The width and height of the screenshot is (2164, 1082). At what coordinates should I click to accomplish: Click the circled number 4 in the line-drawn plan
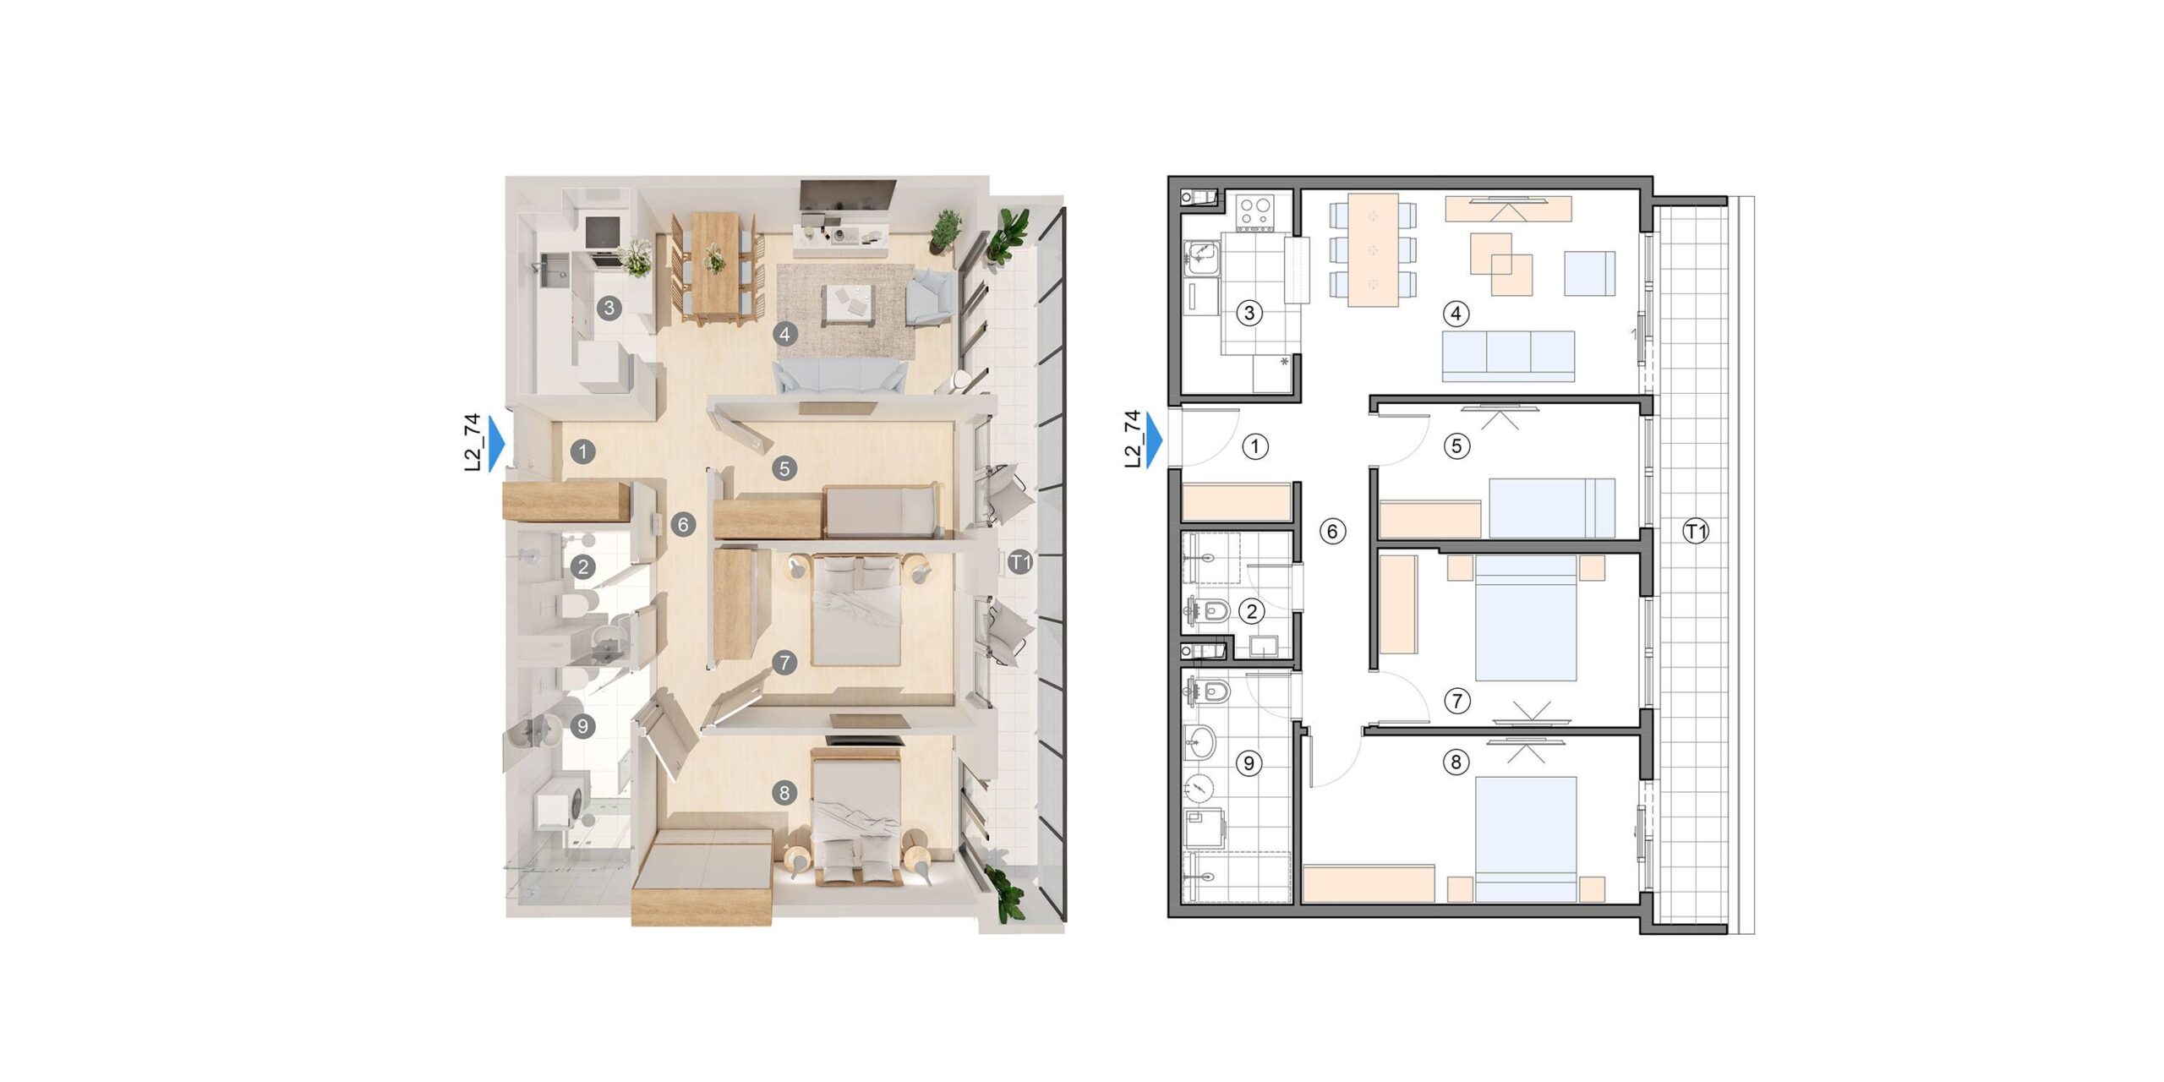click(x=1456, y=314)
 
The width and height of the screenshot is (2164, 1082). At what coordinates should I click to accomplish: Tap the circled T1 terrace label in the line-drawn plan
click(x=1696, y=532)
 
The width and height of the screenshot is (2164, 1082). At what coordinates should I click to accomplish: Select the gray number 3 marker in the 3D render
click(x=609, y=308)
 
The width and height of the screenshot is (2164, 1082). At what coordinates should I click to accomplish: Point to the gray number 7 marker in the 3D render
click(x=784, y=663)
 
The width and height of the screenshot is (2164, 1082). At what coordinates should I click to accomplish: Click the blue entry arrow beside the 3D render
click(x=497, y=442)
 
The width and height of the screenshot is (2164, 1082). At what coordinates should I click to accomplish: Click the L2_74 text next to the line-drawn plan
click(x=1133, y=439)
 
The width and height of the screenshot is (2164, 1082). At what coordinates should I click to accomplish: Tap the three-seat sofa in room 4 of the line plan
click(x=1508, y=356)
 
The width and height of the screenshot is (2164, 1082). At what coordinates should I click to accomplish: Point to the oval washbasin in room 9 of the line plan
click(x=1200, y=744)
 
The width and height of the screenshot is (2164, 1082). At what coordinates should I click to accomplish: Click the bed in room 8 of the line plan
click(x=1526, y=839)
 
